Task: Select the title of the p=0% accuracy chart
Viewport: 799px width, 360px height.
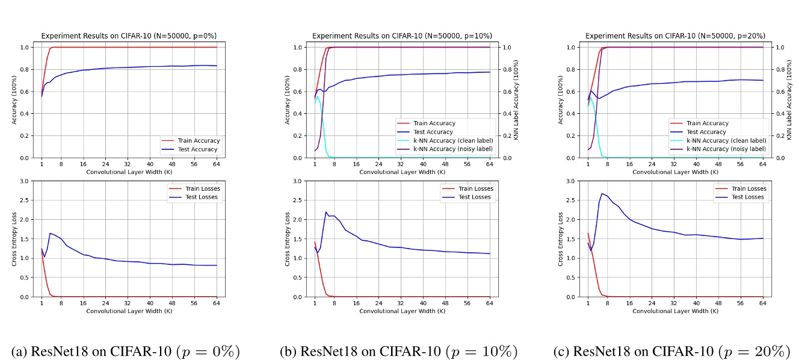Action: [129, 36]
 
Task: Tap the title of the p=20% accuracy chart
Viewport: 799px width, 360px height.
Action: [675, 36]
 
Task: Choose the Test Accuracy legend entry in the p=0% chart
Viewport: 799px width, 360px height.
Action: [198, 149]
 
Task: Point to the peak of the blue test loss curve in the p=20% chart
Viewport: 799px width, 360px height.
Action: [602, 194]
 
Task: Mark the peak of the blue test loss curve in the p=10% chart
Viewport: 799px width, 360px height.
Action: [326, 212]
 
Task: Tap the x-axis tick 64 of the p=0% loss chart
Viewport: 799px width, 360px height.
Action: [216, 303]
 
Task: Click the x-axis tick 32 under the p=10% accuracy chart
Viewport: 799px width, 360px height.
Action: [401, 164]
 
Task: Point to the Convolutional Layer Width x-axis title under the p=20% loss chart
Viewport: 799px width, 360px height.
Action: [675, 311]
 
